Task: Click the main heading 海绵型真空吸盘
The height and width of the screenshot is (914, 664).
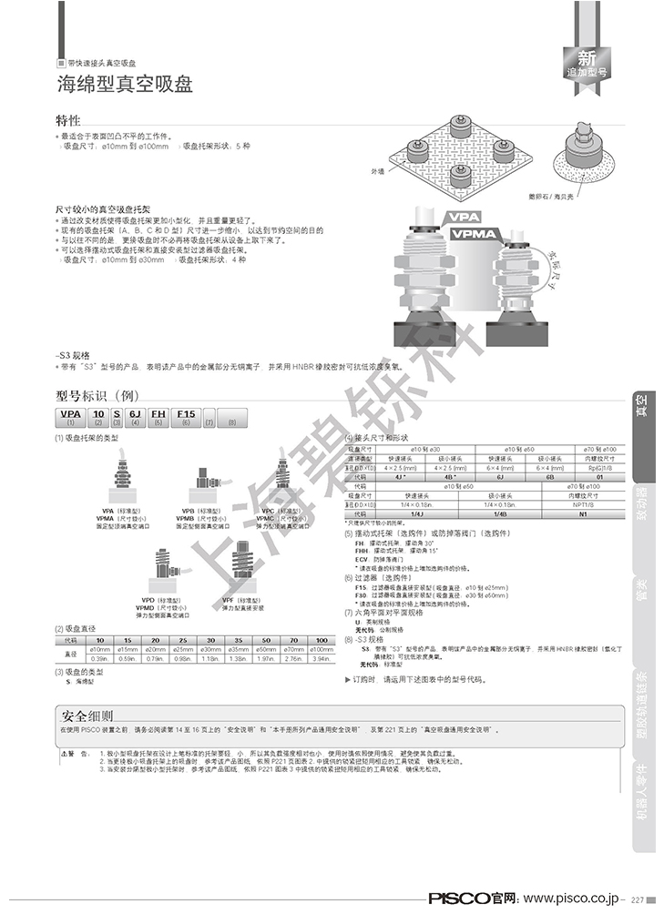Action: point(125,86)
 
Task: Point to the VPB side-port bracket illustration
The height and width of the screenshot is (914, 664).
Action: point(202,477)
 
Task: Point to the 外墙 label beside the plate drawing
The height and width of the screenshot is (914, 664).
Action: point(378,170)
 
